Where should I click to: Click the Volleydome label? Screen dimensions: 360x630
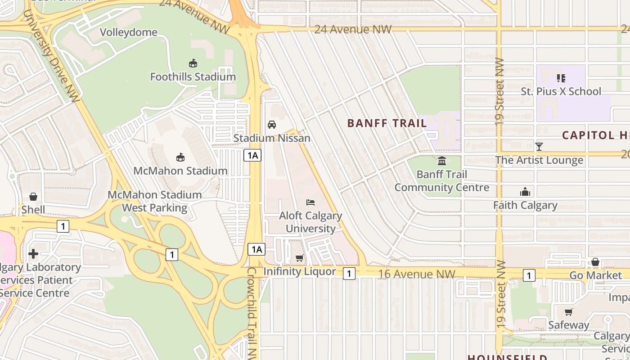(129, 32)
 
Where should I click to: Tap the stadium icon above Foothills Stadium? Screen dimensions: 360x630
(193, 63)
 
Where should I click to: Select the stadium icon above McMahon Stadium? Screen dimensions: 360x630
(180, 157)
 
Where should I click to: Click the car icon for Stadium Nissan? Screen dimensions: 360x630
(272, 125)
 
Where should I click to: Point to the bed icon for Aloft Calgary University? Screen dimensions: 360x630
(310, 202)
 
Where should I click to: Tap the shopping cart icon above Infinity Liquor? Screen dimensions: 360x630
(299, 258)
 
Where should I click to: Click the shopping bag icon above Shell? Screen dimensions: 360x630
(33, 197)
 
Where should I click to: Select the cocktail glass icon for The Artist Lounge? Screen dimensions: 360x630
(539, 147)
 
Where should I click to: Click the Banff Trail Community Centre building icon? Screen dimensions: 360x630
(442, 161)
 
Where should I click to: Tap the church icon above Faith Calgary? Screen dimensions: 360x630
(525, 192)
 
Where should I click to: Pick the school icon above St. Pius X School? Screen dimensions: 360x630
(561, 78)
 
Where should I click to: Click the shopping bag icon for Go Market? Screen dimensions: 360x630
(595, 262)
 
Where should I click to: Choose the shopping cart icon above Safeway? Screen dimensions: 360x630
(569, 312)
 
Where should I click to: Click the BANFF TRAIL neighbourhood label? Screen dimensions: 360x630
(387, 123)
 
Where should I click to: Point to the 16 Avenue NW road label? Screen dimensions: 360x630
(417, 274)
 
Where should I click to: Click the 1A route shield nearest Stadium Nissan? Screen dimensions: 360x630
(252, 156)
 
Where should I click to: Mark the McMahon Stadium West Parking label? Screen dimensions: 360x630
(155, 201)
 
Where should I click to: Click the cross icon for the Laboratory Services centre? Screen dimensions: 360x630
(33, 254)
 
